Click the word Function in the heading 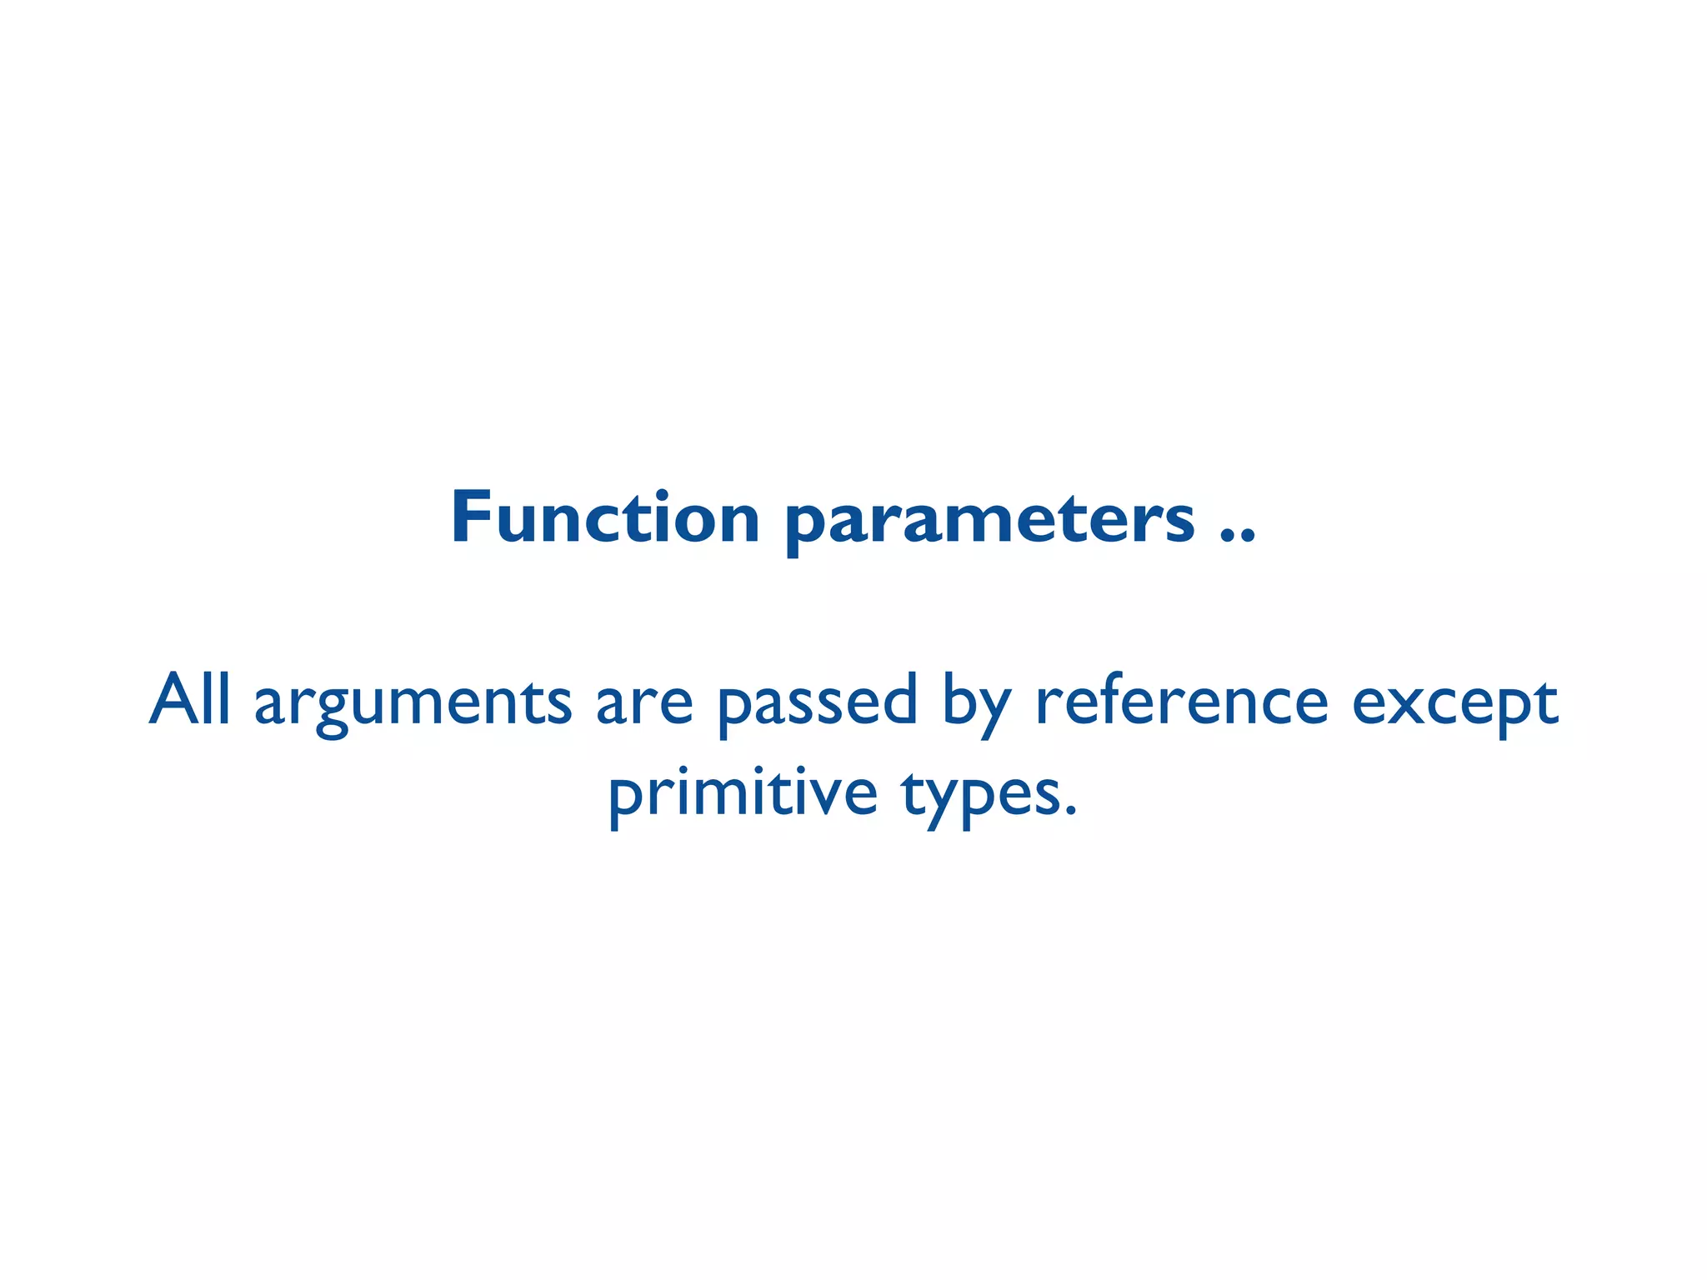click(604, 518)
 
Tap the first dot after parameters click(1227, 537)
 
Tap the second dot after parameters click(1247, 537)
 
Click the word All click(189, 700)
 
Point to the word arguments click(413, 705)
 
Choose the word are click(643, 705)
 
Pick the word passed click(817, 705)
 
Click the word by click(976, 705)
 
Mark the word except click(1454, 705)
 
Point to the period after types click(1071, 812)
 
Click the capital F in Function click(471, 518)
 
